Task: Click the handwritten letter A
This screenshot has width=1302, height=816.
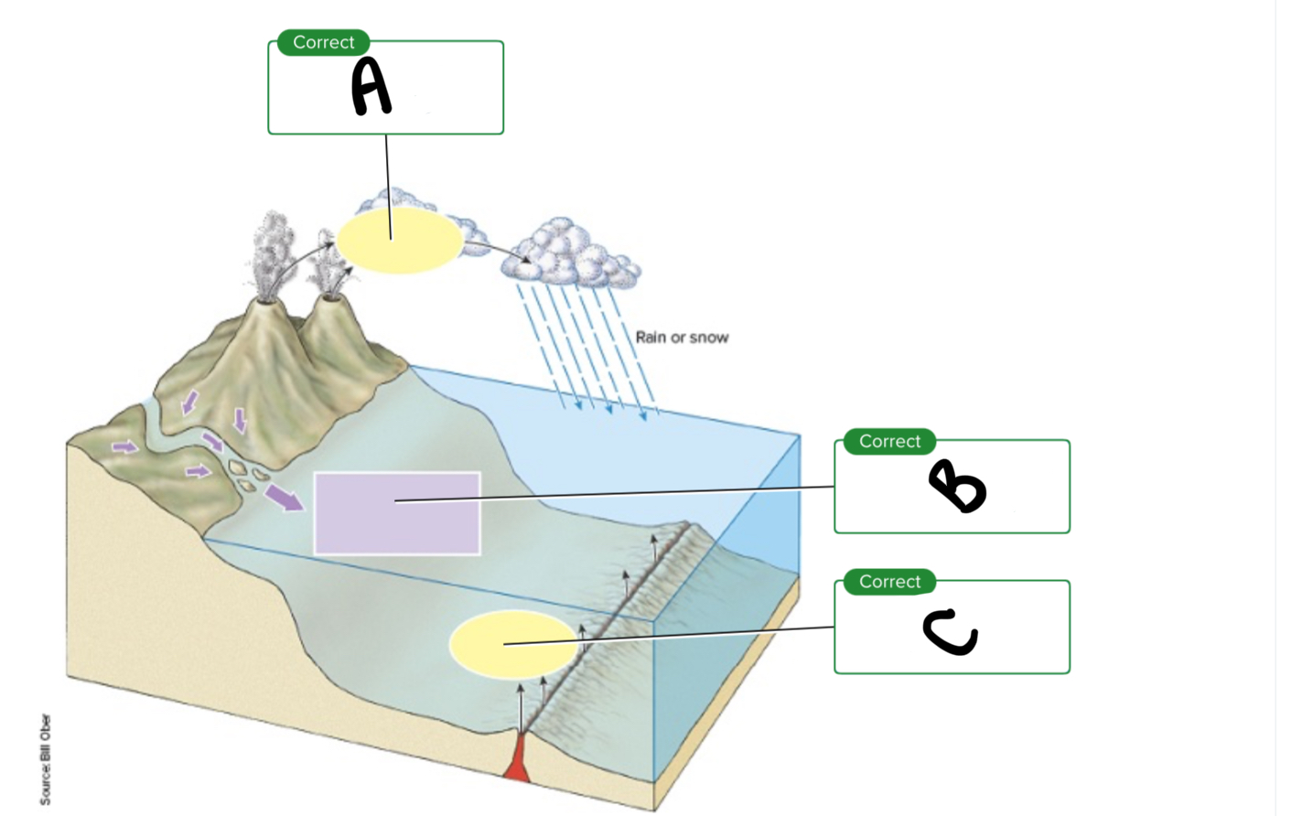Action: coord(371,87)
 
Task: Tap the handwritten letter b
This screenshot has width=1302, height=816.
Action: coord(957,486)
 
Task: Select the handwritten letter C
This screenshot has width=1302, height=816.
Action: coord(951,633)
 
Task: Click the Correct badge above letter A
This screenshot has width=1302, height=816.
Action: coord(323,43)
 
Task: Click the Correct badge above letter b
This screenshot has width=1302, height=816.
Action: coord(889,442)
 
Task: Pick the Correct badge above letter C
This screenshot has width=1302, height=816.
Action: coord(889,582)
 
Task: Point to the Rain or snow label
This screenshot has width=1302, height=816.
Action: coord(682,338)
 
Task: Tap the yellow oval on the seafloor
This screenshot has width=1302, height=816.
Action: coord(513,644)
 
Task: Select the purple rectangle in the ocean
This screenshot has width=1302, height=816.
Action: coord(397,513)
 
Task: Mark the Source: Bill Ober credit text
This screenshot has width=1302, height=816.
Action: coord(46,759)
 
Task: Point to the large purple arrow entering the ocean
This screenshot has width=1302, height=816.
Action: coord(284,498)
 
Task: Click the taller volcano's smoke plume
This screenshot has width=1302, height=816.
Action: coord(272,252)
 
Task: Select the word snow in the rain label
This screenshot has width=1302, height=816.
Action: coord(709,338)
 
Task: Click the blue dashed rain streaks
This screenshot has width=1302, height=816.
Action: coord(586,348)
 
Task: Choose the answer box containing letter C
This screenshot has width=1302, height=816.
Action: coord(952,640)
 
